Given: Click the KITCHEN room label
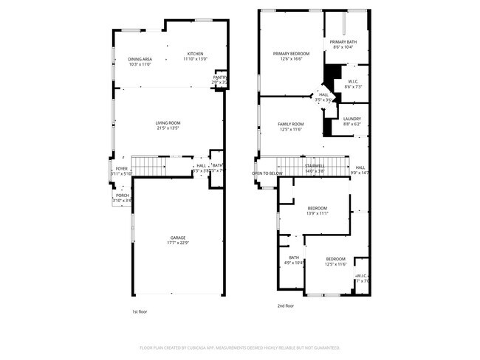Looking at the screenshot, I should tap(195, 54).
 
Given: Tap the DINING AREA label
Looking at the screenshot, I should tap(140, 59).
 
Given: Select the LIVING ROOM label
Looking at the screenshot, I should tap(168, 122).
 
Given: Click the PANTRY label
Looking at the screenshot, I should tap(220, 77).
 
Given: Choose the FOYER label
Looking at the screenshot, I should tap(121, 169).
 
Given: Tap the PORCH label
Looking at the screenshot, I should tap(122, 195).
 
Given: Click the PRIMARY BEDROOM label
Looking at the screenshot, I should tap(291, 54).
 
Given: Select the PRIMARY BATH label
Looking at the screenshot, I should tap(343, 42).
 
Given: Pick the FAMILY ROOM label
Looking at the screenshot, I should tap(291, 124).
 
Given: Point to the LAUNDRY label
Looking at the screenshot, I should tap(352, 119).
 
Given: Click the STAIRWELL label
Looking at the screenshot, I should tap(315, 166).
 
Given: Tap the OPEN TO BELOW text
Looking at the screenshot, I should tap(267, 173).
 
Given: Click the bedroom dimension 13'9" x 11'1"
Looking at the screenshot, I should tap(317, 214).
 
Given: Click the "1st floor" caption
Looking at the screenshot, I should tap(140, 311).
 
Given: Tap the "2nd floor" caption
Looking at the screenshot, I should tap(285, 305).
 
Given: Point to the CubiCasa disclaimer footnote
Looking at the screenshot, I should tap(240, 347).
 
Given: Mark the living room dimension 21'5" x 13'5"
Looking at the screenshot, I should tap(168, 128).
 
